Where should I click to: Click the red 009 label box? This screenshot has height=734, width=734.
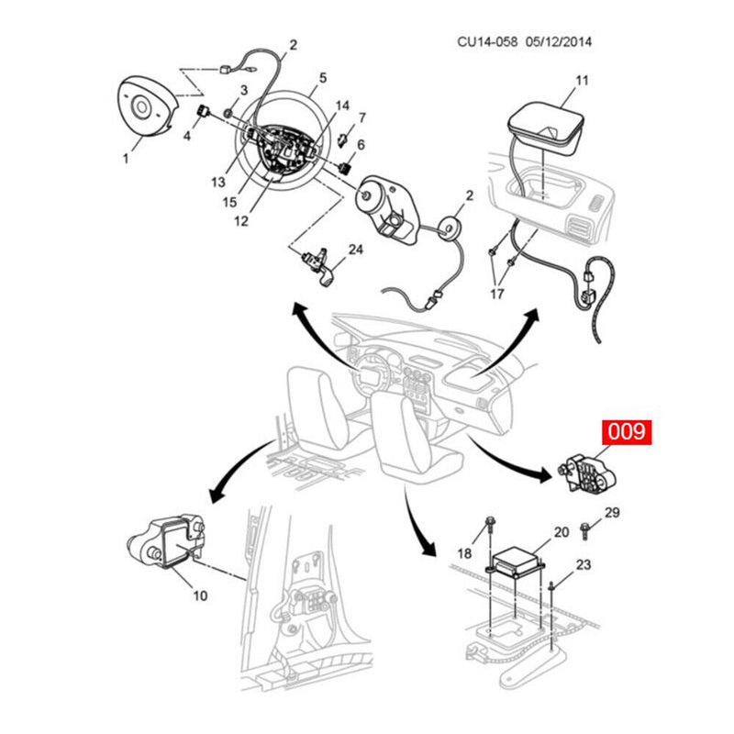625,432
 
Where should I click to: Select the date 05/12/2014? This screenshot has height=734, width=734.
560,42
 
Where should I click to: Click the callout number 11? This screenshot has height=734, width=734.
581,80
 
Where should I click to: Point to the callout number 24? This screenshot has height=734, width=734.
356,250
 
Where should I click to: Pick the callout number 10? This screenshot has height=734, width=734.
199,595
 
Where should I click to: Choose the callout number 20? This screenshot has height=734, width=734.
561,531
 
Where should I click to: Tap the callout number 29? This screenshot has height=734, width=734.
612,511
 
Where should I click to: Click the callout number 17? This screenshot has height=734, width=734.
496,295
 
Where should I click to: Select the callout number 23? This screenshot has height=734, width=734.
584,565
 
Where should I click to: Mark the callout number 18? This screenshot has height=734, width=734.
464,552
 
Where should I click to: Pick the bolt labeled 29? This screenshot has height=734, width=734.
588,529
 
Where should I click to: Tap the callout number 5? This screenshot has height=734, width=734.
322,78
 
